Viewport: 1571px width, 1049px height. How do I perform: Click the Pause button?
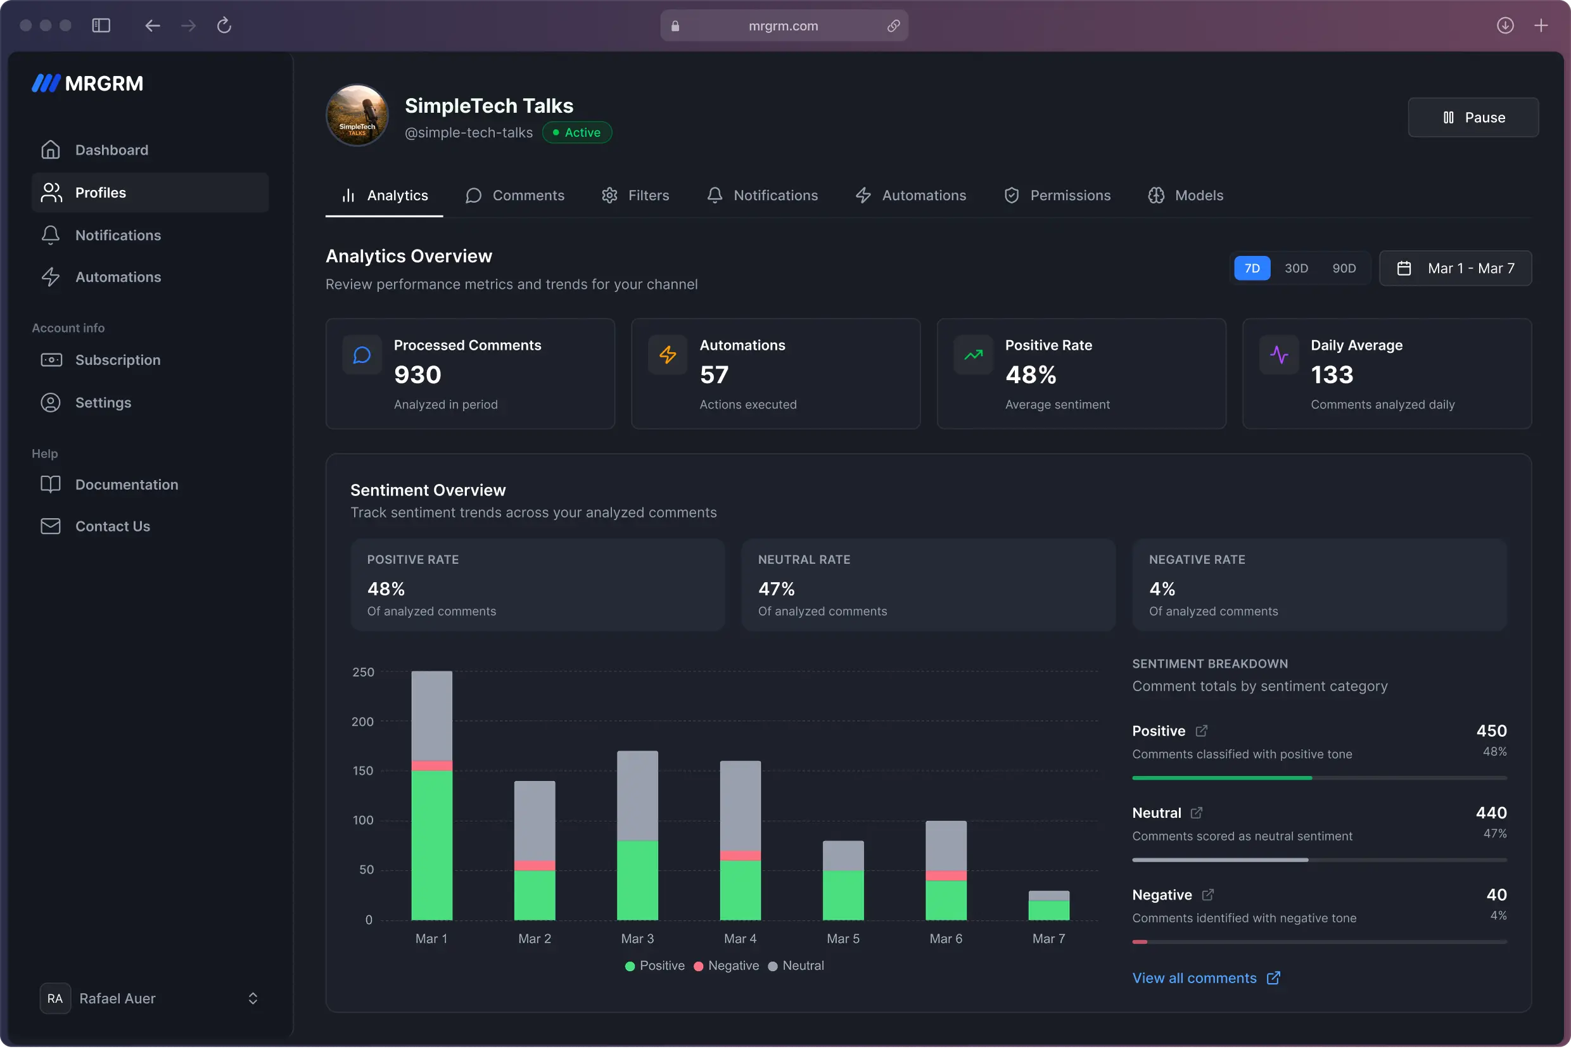point(1473,118)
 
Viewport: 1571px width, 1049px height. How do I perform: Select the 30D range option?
point(1295,269)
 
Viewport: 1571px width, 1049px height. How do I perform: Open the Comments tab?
point(514,195)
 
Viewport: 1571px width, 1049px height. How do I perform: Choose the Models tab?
point(1186,195)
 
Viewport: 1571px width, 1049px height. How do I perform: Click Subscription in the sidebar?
point(118,360)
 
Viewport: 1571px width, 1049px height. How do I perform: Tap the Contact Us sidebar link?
point(112,526)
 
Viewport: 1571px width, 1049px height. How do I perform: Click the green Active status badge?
point(576,132)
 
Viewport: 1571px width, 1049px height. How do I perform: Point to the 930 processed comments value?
point(417,374)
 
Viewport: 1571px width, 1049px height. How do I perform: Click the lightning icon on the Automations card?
point(667,355)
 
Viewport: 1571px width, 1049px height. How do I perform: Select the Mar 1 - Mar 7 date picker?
point(1455,269)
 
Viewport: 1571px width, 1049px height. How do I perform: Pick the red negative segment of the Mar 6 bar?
point(945,875)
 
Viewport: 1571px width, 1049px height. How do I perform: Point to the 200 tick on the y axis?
point(362,721)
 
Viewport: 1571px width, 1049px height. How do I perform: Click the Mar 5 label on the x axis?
point(843,939)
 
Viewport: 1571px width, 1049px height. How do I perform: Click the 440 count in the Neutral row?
point(1491,813)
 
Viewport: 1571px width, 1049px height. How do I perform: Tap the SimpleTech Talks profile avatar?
point(357,115)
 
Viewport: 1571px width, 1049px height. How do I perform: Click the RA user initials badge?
point(55,998)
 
